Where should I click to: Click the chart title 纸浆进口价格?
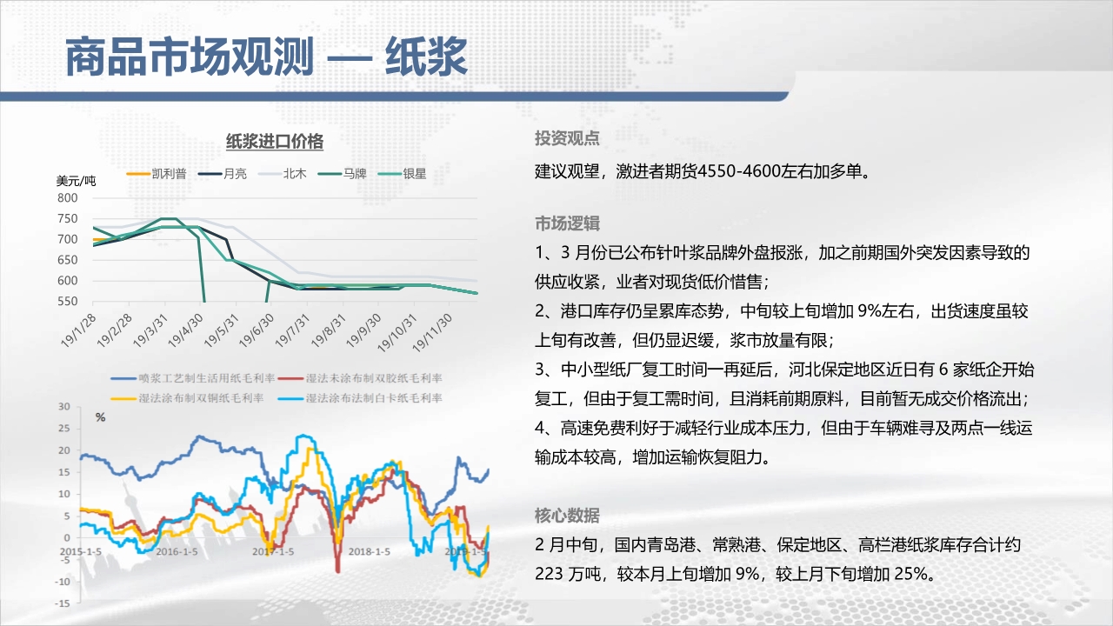pos(275,142)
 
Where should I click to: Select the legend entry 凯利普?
pos(157,174)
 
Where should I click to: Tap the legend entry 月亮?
pos(223,174)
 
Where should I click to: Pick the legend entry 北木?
pos(283,174)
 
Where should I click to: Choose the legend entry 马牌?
pos(343,174)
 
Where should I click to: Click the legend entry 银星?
pos(402,174)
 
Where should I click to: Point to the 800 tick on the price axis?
pos(68,197)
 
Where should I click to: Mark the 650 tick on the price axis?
pos(68,260)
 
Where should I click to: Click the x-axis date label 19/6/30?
pos(257,331)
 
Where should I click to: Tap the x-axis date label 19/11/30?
pos(432,333)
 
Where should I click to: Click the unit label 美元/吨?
pos(76,181)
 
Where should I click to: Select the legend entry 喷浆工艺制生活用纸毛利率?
pos(193,378)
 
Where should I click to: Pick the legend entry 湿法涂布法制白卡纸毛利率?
pos(360,398)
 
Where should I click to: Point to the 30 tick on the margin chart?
pos(64,406)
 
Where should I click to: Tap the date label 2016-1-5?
pos(177,551)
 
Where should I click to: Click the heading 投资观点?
pos(567,138)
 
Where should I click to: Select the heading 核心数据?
pos(567,516)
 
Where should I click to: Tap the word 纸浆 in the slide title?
pos(426,57)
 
